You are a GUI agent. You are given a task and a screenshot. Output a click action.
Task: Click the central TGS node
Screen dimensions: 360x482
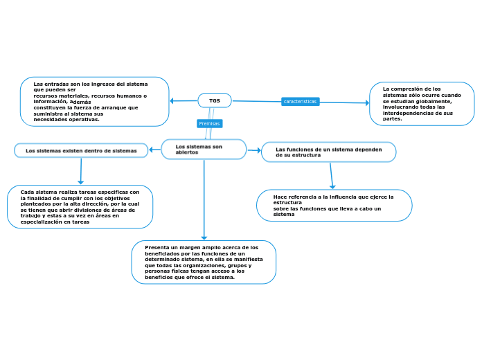(215, 101)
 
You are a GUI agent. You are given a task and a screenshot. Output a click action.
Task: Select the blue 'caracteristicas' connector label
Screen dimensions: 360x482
(300, 102)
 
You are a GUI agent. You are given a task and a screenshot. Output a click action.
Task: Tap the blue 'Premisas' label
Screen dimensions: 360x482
(209, 124)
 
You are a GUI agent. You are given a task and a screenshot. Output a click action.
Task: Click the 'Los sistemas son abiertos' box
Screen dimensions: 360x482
(204, 150)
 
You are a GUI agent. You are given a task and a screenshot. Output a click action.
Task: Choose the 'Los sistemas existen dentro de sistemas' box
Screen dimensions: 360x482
(81, 150)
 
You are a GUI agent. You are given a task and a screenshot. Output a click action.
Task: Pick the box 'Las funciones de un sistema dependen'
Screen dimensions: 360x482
(328, 152)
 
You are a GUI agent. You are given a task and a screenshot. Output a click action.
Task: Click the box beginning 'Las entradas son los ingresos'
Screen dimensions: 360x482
(94, 102)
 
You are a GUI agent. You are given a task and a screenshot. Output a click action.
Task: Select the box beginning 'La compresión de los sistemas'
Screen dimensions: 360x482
(422, 104)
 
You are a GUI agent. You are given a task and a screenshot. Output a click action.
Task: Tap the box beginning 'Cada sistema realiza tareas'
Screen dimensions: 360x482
(80, 207)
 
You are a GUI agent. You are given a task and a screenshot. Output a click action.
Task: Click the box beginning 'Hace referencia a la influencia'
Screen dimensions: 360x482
(334, 206)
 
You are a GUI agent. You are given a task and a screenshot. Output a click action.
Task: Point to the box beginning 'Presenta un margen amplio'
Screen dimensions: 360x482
(204, 262)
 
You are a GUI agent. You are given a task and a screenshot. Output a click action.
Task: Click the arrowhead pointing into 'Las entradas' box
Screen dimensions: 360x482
(173, 101)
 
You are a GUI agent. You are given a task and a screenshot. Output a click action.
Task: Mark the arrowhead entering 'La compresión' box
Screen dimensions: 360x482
(366, 103)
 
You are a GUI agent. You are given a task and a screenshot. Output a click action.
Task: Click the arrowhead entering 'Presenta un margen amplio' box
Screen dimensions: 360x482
(204, 237)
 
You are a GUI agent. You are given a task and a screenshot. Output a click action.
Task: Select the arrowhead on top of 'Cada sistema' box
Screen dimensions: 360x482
(80, 182)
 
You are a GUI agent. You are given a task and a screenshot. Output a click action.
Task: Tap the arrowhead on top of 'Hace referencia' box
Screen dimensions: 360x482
(332, 186)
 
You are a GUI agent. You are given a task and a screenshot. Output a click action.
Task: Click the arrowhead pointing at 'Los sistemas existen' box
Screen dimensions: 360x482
(152, 150)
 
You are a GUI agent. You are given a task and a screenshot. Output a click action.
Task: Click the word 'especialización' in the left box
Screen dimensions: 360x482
(46, 222)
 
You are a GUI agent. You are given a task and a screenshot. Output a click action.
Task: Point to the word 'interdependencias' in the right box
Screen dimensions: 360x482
(406, 113)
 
